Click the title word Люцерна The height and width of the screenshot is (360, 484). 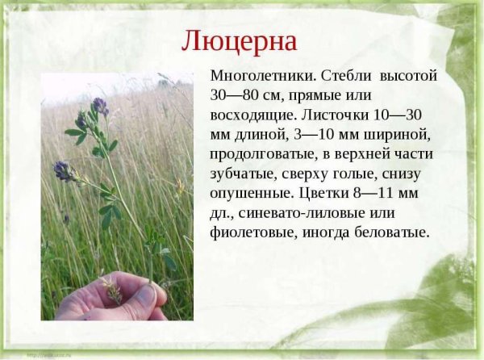239,40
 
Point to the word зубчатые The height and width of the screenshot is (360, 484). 244,174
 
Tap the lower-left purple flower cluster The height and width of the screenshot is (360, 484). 63,170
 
